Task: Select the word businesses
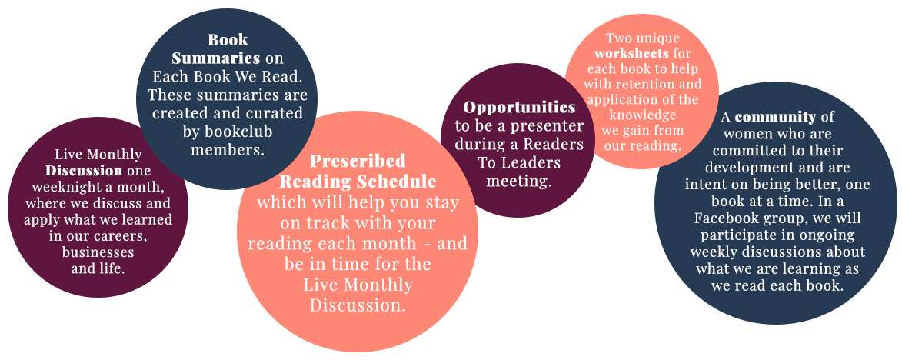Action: [x=98, y=252]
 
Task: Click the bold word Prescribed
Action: [x=358, y=161]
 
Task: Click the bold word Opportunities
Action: [x=519, y=108]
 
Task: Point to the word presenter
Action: [x=551, y=126]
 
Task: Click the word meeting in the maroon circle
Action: [x=518, y=182]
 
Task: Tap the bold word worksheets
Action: [x=631, y=54]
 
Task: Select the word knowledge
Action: [x=642, y=115]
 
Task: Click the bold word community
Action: [x=775, y=118]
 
